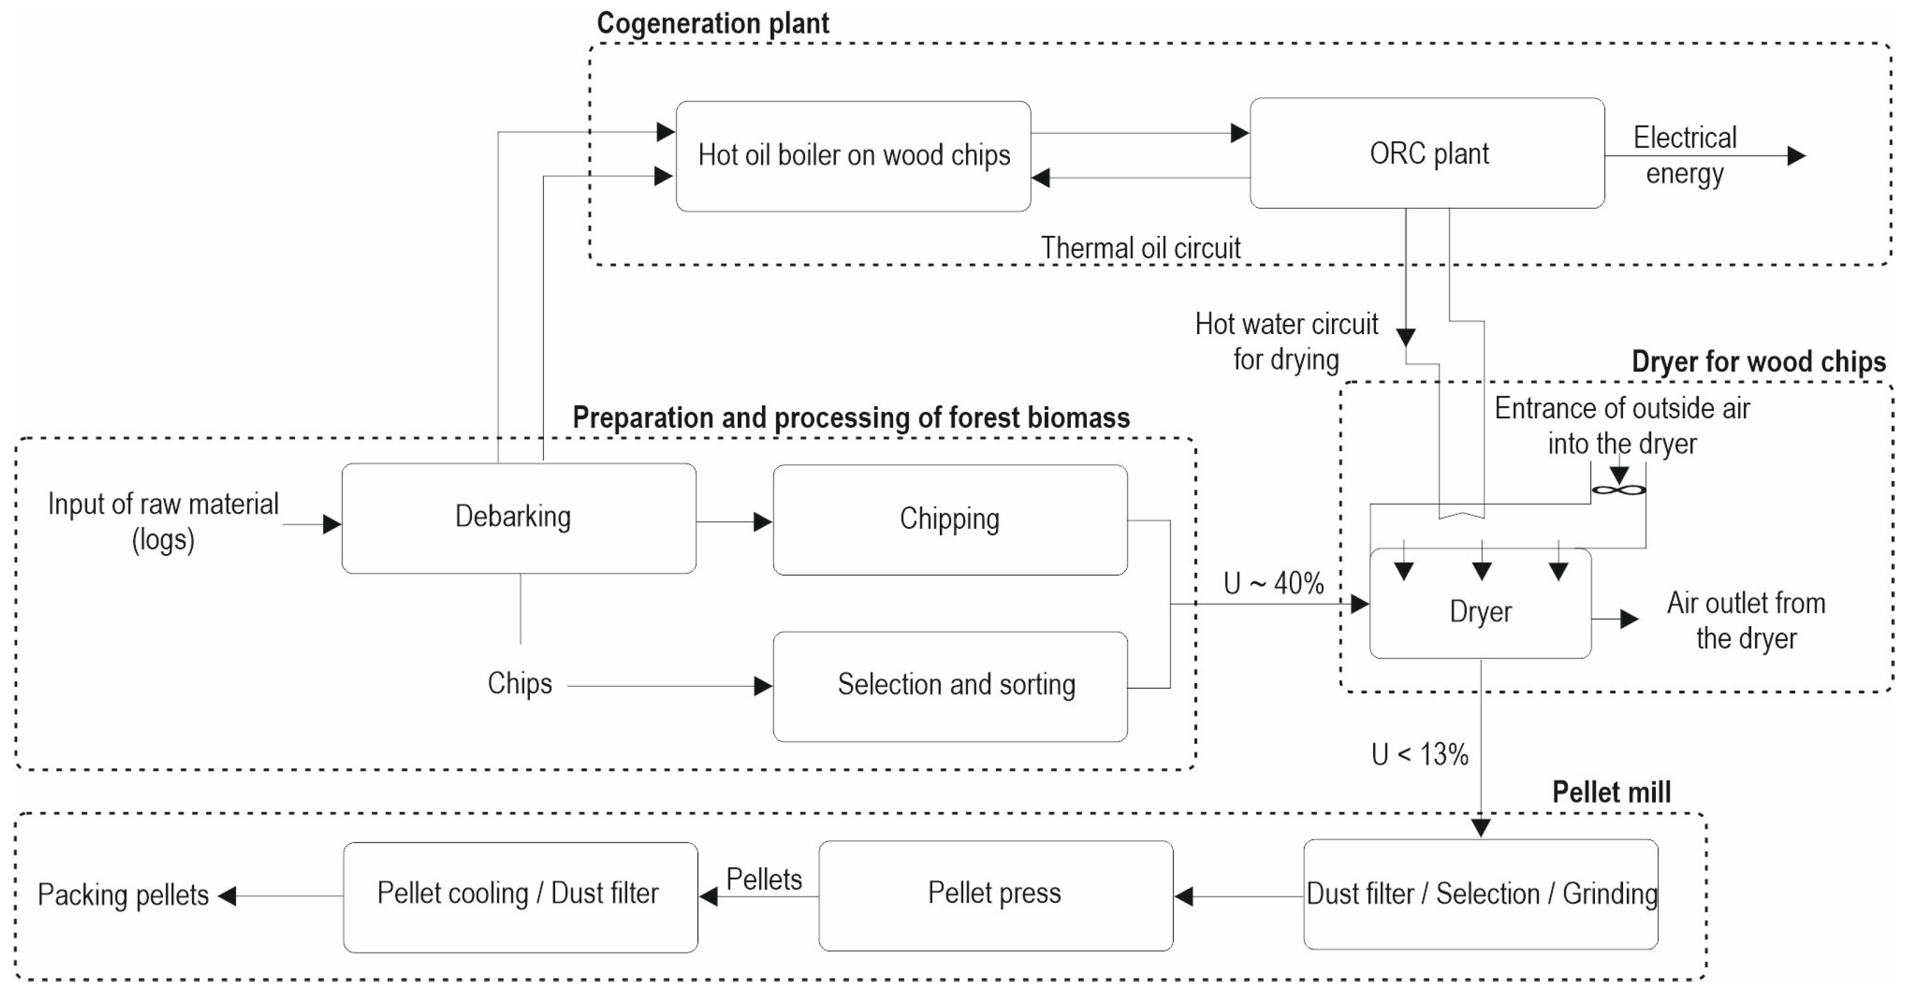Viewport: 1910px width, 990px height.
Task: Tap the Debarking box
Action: [x=518, y=518]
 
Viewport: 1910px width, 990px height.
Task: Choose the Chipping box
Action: [x=950, y=520]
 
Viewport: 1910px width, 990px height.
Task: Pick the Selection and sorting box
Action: [x=950, y=685]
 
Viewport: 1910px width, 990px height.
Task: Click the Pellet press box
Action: [x=995, y=895]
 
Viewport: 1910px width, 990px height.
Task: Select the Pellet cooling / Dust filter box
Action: [x=520, y=896]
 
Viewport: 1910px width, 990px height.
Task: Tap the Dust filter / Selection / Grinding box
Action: [x=1480, y=895]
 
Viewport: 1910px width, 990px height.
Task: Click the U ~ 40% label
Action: [x=1273, y=584]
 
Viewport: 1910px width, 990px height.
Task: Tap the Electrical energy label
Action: [x=1684, y=156]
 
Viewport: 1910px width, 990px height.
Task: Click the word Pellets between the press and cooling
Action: [x=764, y=879]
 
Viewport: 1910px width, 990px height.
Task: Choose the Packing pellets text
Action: [x=123, y=895]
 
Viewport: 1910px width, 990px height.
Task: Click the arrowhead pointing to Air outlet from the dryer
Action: [x=1628, y=619]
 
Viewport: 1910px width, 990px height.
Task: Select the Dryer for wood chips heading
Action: [x=1758, y=362]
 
